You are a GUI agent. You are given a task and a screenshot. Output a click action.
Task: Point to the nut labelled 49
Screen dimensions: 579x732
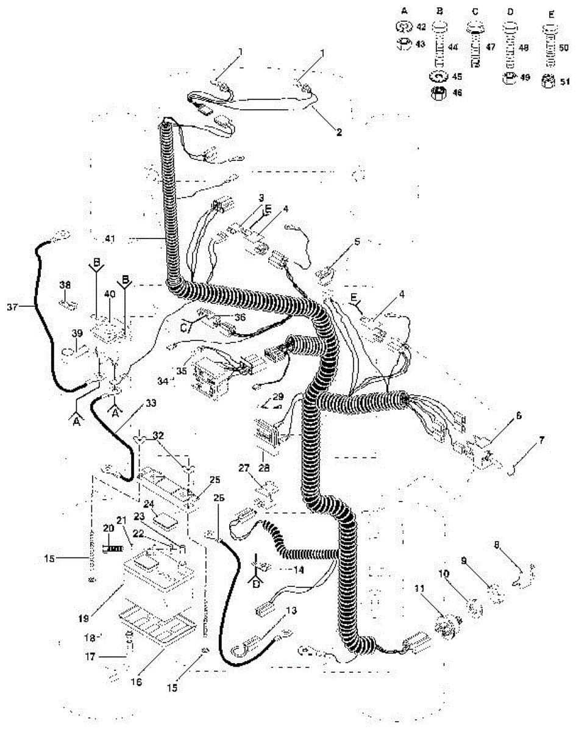(510, 78)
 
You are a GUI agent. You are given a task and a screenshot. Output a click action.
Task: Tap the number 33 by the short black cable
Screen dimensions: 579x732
(151, 403)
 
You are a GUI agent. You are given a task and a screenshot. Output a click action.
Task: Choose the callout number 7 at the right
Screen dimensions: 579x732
(542, 439)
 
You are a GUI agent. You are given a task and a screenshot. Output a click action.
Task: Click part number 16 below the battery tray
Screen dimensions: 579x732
(136, 681)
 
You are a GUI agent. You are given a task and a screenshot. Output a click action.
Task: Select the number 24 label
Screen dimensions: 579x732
(148, 504)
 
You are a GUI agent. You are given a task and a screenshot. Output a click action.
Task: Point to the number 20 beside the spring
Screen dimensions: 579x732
(107, 528)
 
